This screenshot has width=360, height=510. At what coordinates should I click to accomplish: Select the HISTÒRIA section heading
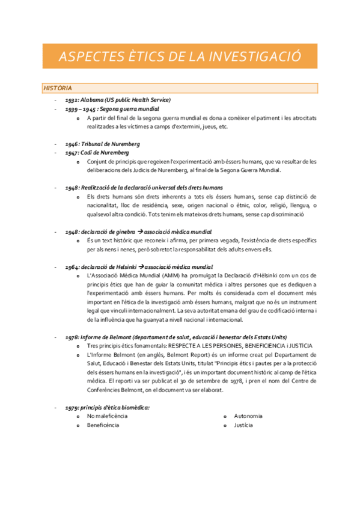pos(58,88)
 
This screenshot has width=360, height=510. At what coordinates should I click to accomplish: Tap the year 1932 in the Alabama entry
pos(72,100)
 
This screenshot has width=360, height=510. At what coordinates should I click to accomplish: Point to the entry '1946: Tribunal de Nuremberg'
pos(103,144)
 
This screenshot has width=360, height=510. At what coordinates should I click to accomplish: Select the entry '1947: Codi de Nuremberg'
pos(97,153)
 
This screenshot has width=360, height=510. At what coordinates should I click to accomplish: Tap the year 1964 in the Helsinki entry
pos(72,266)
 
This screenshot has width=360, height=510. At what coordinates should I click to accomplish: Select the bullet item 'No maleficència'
pos(108,416)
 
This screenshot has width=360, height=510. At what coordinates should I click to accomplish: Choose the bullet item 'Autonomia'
pos(248,416)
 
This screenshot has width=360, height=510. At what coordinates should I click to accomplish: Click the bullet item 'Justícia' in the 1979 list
pos(243,425)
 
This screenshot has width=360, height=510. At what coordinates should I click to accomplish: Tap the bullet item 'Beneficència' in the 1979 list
pos(103,425)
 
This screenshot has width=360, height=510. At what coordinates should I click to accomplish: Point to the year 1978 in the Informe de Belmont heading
pos(72,337)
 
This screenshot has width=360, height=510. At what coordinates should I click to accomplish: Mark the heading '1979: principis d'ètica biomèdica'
pos(108,407)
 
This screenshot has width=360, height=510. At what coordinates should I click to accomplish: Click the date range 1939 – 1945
pos(81,109)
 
